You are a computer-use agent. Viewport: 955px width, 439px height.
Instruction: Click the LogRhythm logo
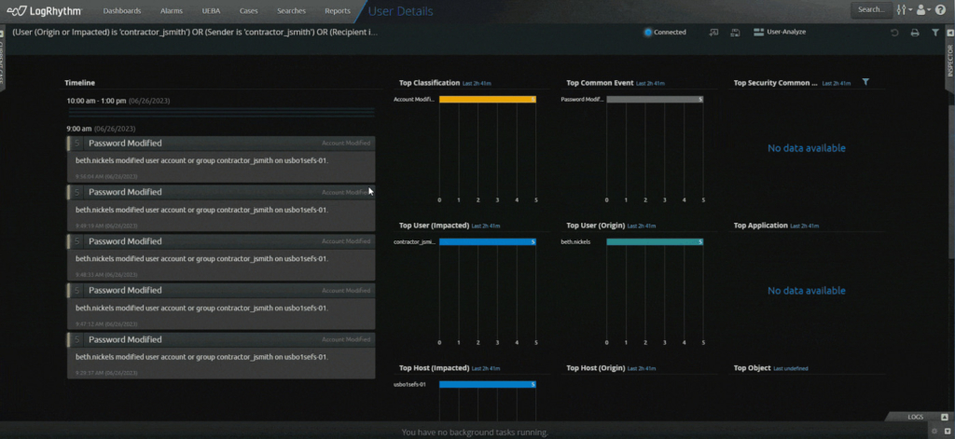pyautogui.click(x=44, y=10)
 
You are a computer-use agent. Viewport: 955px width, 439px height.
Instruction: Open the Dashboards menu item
pyautogui.click(x=122, y=10)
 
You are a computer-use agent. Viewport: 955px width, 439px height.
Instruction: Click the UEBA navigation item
pyautogui.click(x=211, y=10)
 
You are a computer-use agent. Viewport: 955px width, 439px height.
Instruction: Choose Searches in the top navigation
pyautogui.click(x=292, y=10)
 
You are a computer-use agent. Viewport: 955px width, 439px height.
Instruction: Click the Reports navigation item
pyautogui.click(x=338, y=10)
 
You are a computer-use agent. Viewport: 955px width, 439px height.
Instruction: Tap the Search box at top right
pyautogui.click(x=871, y=10)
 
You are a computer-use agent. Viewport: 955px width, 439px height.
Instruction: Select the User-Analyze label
pyautogui.click(x=785, y=32)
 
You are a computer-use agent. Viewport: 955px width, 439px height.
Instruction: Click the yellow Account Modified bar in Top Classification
pyautogui.click(x=487, y=99)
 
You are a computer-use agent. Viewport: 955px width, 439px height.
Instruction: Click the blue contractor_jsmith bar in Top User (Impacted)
pyautogui.click(x=487, y=241)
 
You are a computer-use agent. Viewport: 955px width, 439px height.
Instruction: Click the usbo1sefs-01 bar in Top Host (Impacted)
pyautogui.click(x=487, y=384)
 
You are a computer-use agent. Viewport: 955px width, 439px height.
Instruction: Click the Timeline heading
pyautogui.click(x=79, y=83)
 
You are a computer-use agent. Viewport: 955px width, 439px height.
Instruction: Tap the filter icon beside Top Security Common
pyautogui.click(x=866, y=82)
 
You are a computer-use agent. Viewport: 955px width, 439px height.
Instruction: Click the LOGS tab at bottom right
pyautogui.click(x=916, y=417)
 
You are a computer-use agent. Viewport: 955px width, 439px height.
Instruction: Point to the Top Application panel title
pyautogui.click(x=761, y=226)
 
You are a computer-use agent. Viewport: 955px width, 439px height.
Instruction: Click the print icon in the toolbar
pyautogui.click(x=915, y=33)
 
